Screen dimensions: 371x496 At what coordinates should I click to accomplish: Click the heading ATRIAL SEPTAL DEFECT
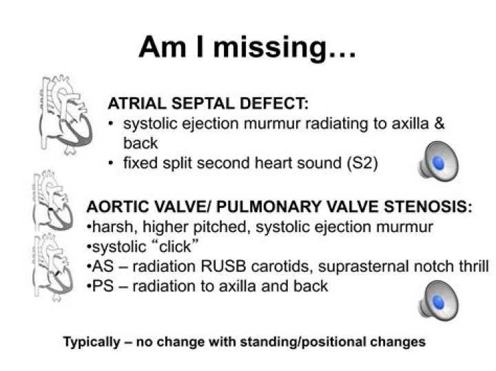207,104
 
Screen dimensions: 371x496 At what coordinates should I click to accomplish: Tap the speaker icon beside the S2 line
437,160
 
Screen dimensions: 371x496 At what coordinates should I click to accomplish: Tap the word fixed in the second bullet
138,163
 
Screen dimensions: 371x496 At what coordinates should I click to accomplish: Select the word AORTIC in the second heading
114,206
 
